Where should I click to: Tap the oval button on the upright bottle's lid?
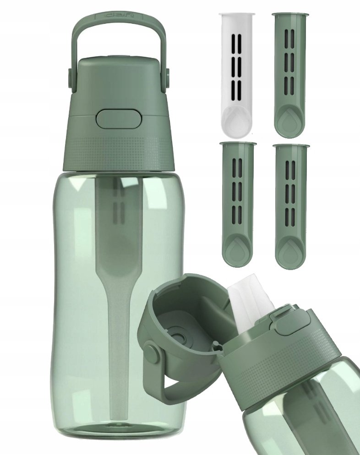(x=118, y=118)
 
